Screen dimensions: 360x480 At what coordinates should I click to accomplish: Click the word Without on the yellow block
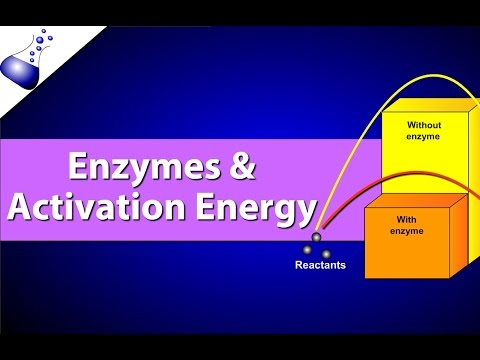pos(423,125)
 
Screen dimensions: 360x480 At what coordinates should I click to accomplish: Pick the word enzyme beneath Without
pos(423,138)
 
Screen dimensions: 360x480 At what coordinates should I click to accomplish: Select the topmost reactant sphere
pos(315,237)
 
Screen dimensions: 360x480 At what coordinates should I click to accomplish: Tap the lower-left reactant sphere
pos(307,249)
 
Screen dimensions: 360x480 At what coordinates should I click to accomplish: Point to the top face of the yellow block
pos(430,104)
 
